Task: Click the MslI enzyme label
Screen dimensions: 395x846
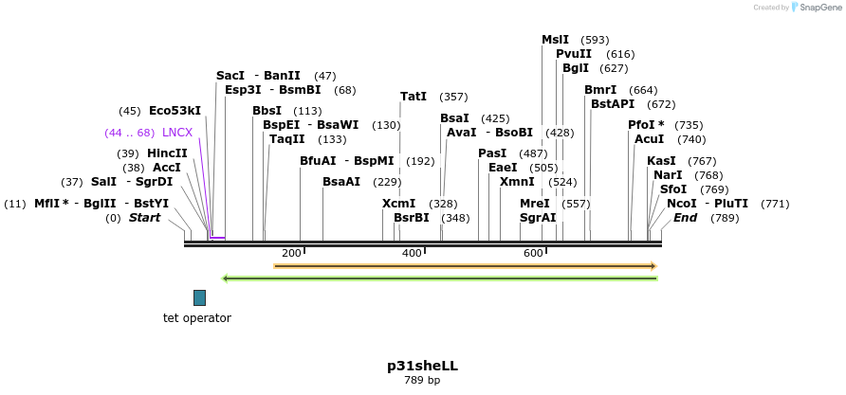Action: tap(555, 40)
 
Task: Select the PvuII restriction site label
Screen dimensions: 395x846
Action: tap(574, 54)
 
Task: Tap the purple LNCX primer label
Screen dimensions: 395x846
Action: tap(177, 133)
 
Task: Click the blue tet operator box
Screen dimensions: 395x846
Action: tap(199, 297)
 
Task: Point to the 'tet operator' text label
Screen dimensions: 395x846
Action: tap(197, 318)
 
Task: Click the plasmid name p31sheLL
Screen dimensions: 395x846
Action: tap(422, 365)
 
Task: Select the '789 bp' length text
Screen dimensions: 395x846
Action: tap(422, 380)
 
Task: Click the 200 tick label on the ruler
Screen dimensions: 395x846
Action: tap(291, 253)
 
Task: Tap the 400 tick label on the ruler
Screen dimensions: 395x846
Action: tap(412, 253)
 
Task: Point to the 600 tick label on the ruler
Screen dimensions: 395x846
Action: tap(533, 253)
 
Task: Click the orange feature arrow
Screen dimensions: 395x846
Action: tap(465, 266)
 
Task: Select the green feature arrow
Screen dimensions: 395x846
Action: tap(438, 278)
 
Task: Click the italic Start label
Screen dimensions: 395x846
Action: tap(144, 218)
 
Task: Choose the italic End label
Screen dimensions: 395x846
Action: tap(685, 218)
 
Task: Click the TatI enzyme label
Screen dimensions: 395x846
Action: tap(414, 97)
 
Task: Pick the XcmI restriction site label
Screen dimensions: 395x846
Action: tap(398, 204)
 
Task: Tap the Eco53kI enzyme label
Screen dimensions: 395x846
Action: tap(175, 111)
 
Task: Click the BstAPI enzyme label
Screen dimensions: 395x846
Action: tap(613, 104)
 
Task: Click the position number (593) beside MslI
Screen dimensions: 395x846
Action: tap(595, 40)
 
